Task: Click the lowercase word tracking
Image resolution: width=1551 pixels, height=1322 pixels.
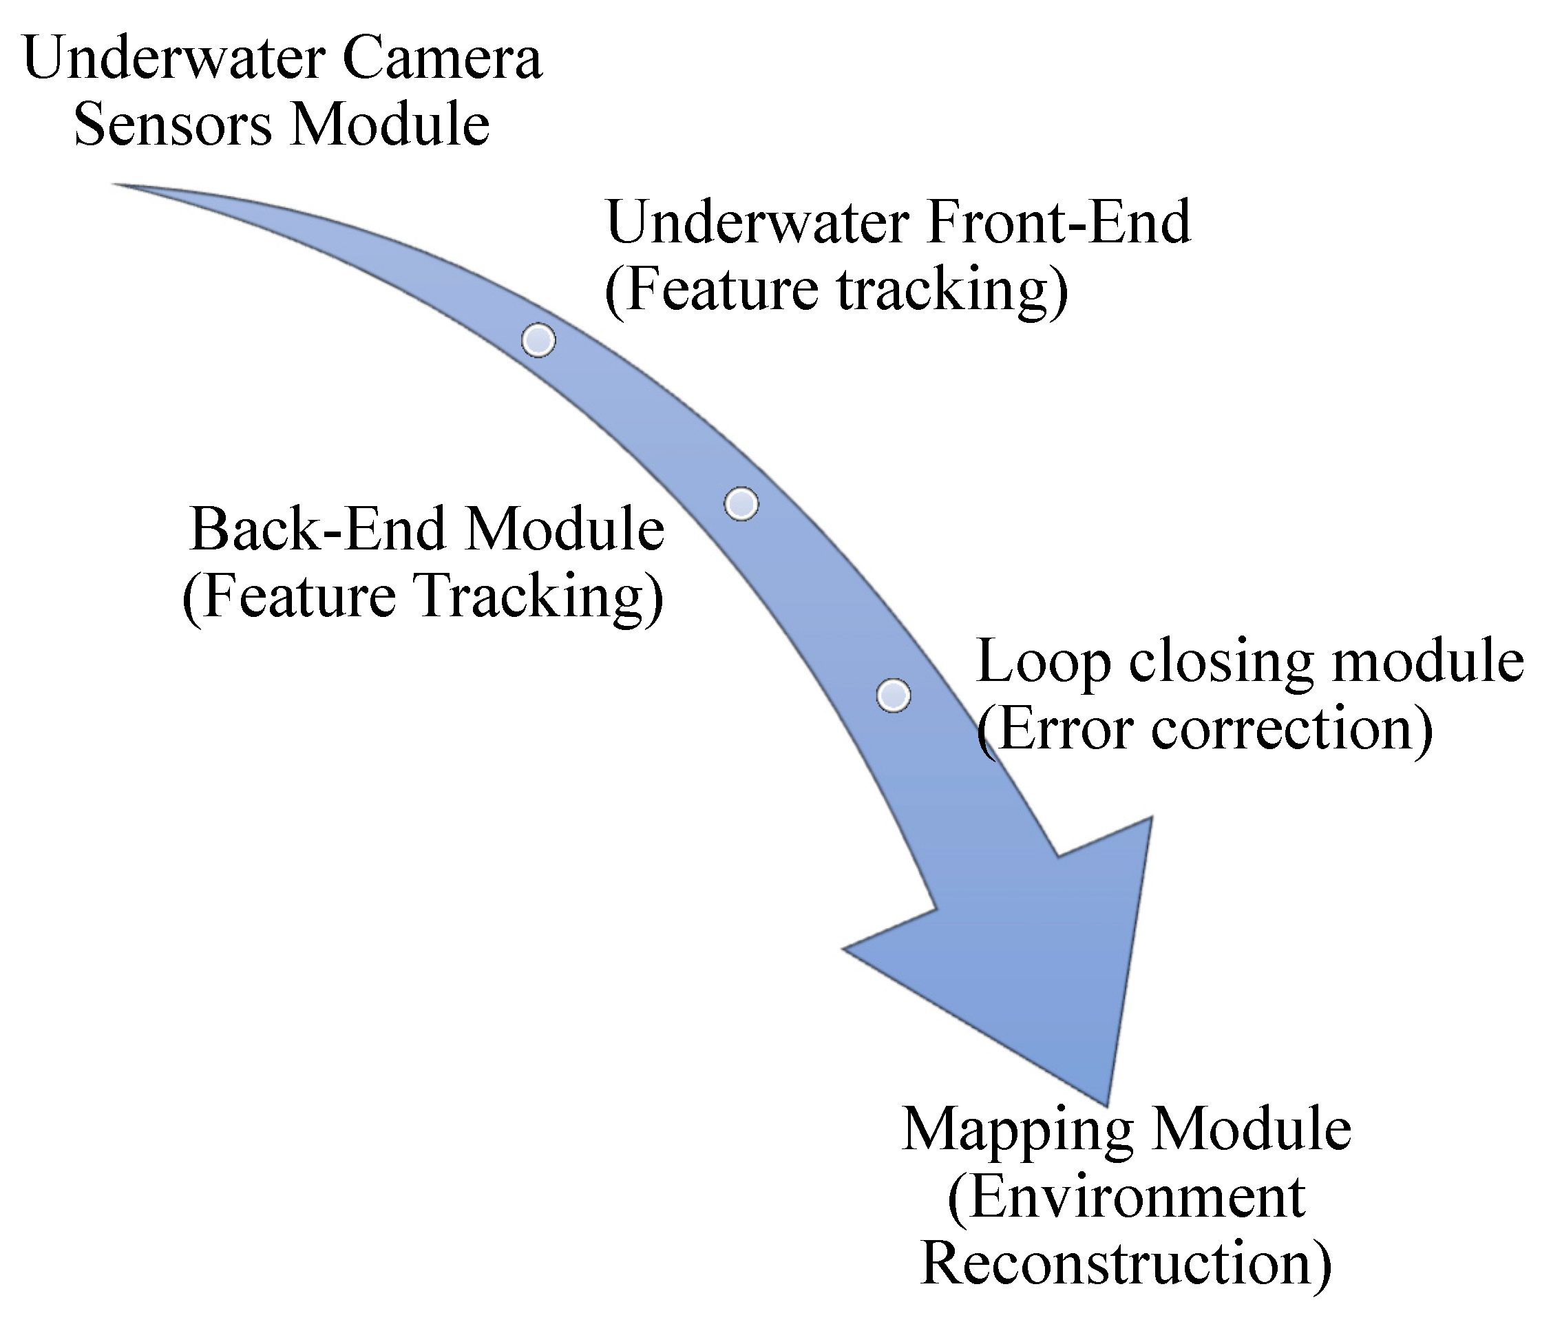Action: pyautogui.click(x=948, y=291)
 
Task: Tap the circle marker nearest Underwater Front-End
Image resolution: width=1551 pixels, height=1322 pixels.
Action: pyautogui.click(x=538, y=341)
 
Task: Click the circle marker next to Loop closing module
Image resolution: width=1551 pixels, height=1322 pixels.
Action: pyautogui.click(x=893, y=695)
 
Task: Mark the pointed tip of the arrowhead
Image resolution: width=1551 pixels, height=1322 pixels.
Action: pyautogui.click(x=1106, y=1104)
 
